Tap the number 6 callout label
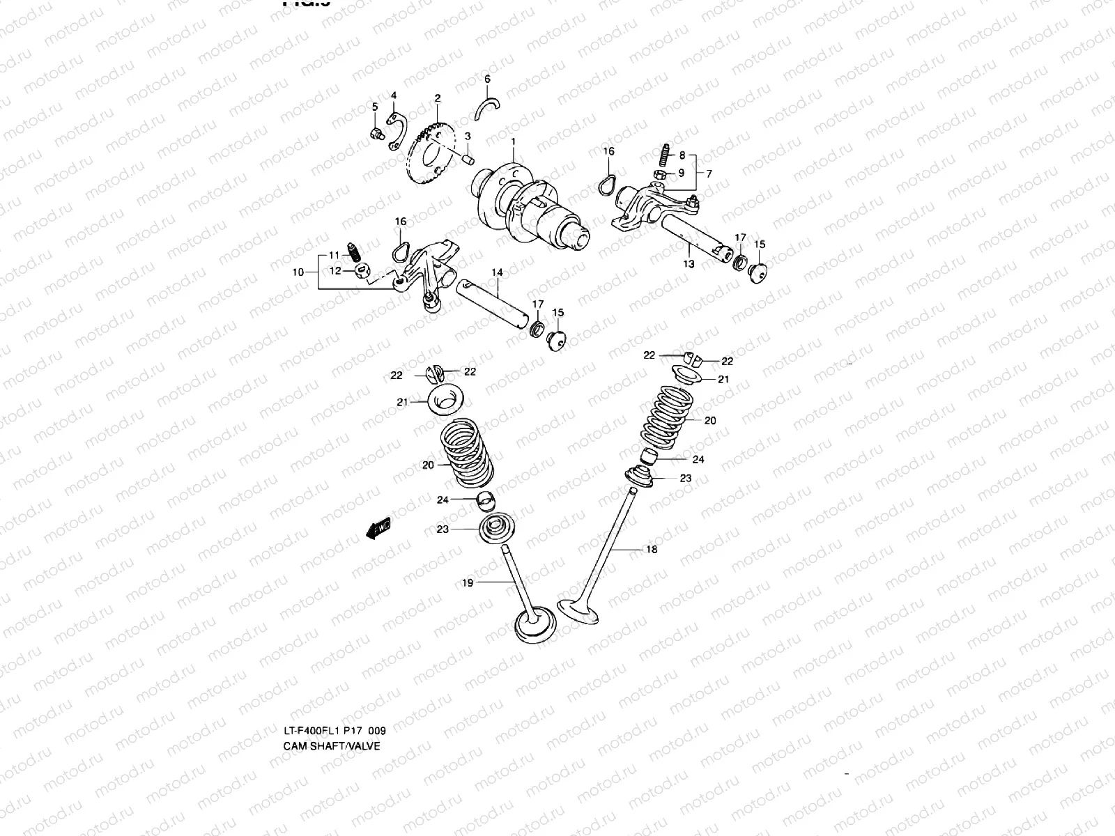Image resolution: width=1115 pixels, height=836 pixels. pyautogui.click(x=487, y=79)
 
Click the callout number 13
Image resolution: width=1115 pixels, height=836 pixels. pyautogui.click(x=689, y=264)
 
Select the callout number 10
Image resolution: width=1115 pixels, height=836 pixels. pyautogui.click(x=298, y=272)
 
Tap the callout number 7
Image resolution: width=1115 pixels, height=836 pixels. pyautogui.click(x=709, y=173)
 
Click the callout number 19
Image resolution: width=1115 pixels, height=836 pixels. pyautogui.click(x=468, y=583)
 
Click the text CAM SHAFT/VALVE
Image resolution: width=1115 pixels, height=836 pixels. pyautogui.click(x=332, y=745)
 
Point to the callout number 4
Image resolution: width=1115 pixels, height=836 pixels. pyautogui.click(x=393, y=95)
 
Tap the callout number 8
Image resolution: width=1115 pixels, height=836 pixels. pyautogui.click(x=682, y=155)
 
